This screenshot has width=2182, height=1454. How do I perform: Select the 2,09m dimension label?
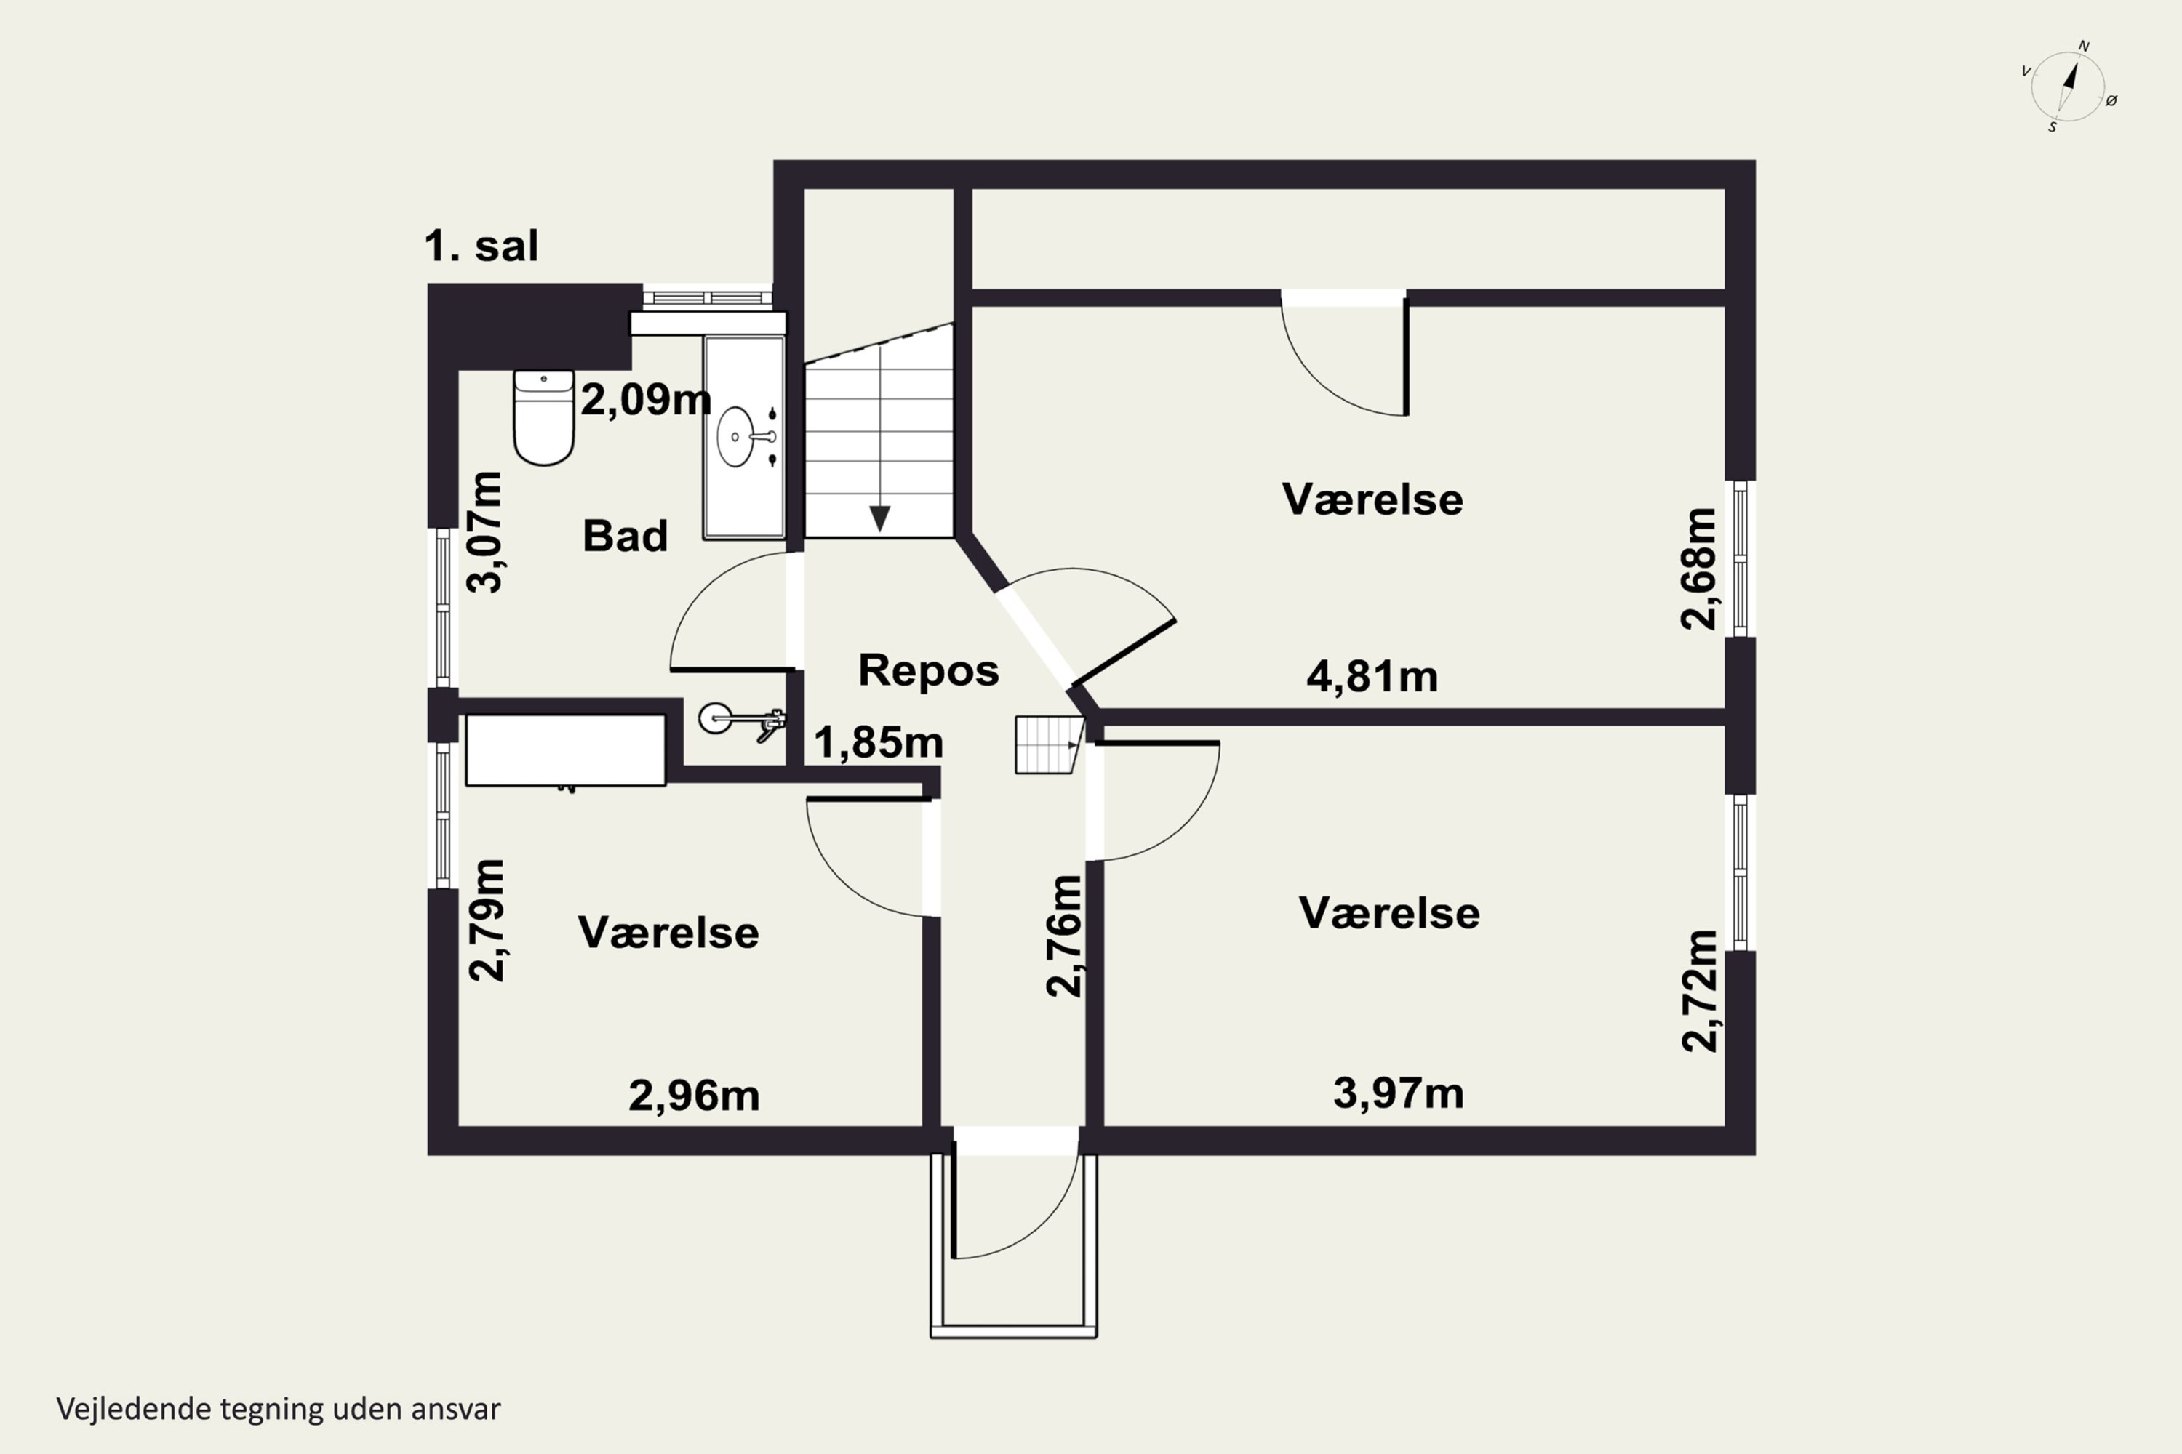pos(646,400)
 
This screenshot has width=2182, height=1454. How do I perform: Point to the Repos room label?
pos(928,670)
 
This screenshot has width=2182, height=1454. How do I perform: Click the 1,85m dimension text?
pos(878,743)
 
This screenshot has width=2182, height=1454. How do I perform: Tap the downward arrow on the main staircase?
pos(879,518)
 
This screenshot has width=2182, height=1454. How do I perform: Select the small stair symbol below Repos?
pos(1048,744)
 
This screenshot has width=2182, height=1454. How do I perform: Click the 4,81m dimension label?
pos(1371,677)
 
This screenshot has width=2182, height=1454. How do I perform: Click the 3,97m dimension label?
pos(1398,1093)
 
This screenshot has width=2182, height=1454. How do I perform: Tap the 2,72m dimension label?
pos(1700,990)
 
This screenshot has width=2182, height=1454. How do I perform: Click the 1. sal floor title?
pos(481,246)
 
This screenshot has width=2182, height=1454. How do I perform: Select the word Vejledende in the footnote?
pos(134,1409)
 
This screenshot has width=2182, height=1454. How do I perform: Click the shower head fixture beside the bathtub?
pos(742,720)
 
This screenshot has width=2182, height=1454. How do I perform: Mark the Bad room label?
pos(624,536)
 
